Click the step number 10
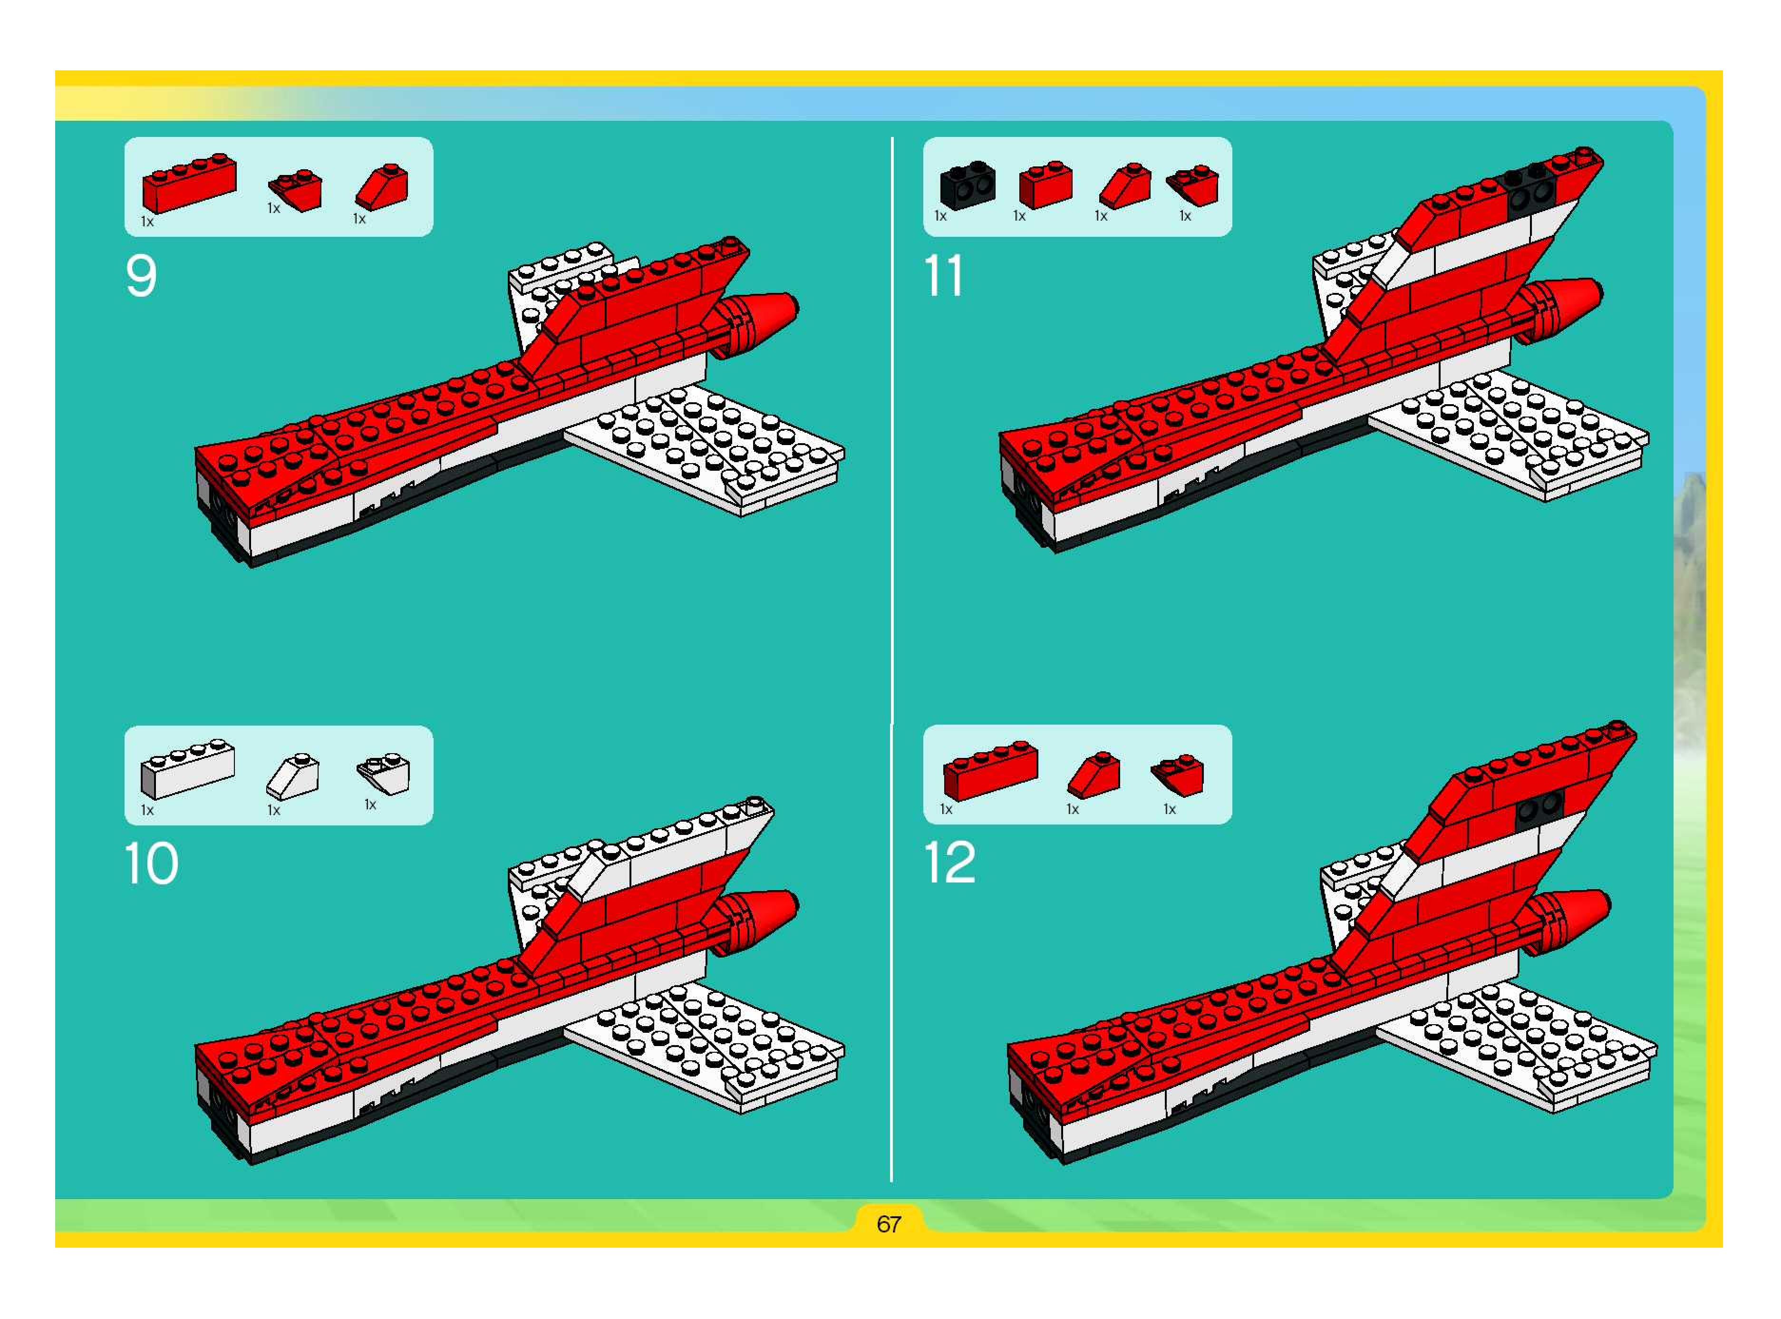tap(152, 864)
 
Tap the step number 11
tap(944, 276)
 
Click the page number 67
tap(889, 1224)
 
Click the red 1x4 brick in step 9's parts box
tap(189, 183)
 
